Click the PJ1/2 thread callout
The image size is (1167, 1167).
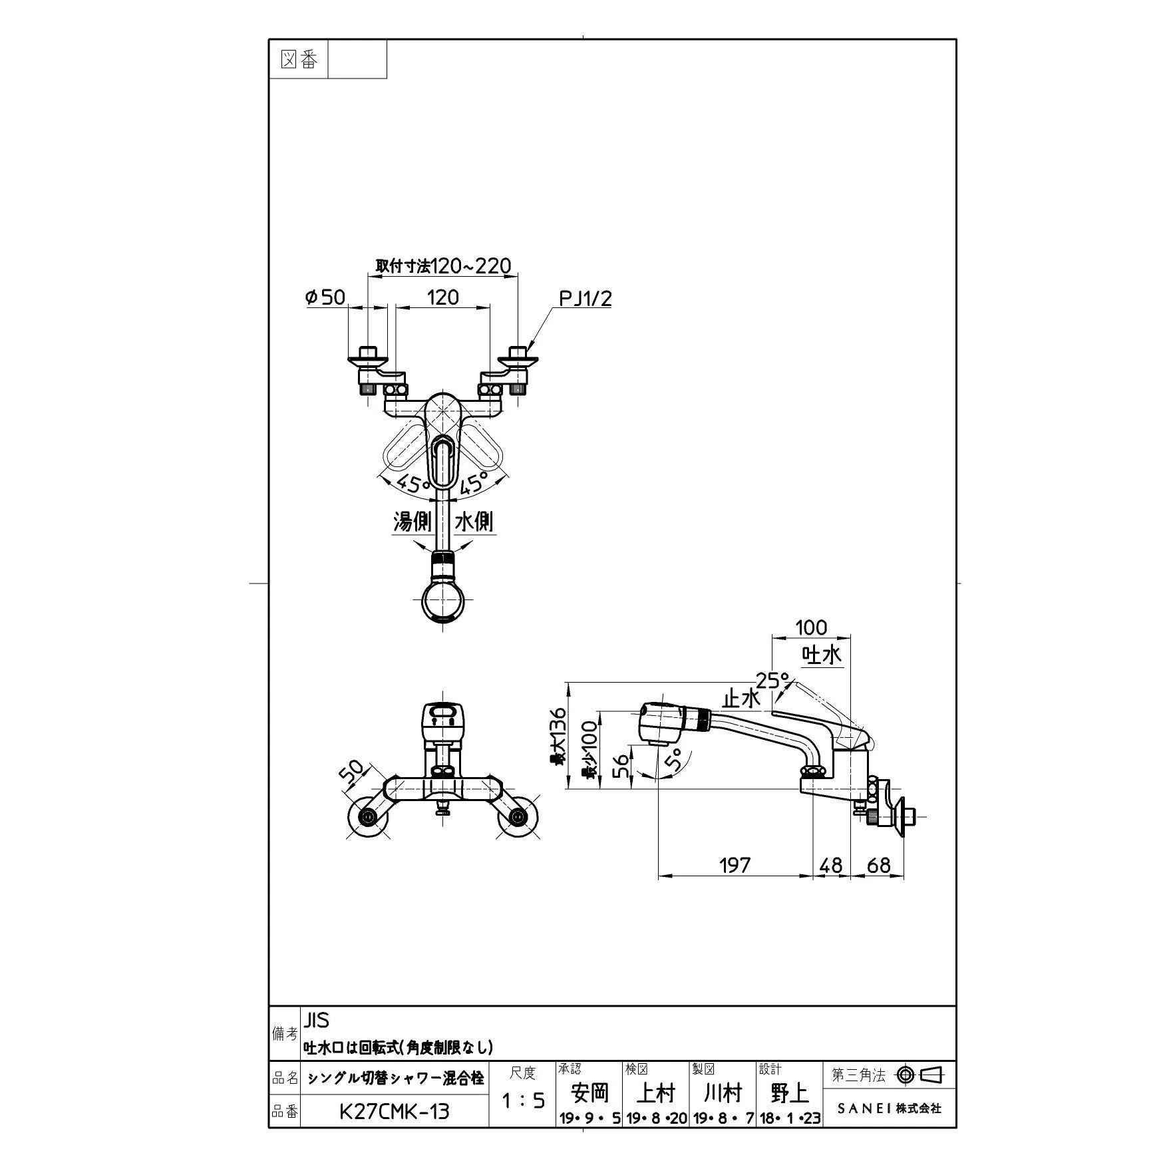(585, 299)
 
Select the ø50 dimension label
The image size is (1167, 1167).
(325, 297)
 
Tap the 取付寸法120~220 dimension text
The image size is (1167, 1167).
(443, 266)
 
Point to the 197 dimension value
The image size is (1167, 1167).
(735, 865)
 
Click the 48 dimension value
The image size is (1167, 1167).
(831, 865)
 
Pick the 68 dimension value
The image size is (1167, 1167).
(878, 865)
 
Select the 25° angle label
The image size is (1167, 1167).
(773, 681)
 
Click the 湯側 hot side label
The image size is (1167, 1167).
(413, 522)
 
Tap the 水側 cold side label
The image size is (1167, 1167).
(474, 522)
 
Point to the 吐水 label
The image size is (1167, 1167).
(823, 655)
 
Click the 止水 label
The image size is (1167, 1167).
(741, 699)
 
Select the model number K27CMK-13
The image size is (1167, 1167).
(394, 1111)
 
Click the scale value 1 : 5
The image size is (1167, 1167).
(523, 1101)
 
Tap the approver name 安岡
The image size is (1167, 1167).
(589, 1092)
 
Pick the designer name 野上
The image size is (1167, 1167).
(790, 1092)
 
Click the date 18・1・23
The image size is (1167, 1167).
(790, 1119)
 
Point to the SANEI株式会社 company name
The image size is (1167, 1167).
(889, 1108)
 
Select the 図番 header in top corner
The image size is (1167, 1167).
(299, 60)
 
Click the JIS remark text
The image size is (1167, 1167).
(316, 1019)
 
